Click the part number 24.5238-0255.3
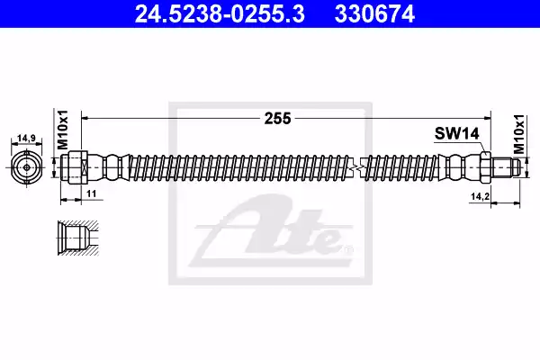[x=208, y=13]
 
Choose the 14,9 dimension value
[x=26, y=139]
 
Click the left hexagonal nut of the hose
[x=76, y=168]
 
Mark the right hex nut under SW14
[x=483, y=168]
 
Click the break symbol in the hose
[x=360, y=168]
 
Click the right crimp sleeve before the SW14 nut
[x=460, y=168]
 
